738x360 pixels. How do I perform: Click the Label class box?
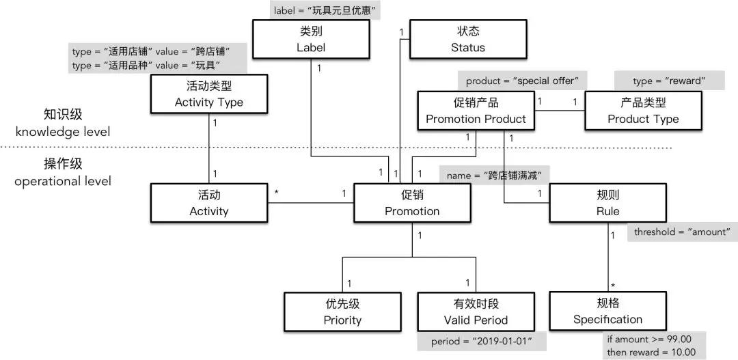coord(311,39)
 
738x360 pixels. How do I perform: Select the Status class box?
coord(467,39)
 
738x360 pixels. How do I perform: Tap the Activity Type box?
coord(208,94)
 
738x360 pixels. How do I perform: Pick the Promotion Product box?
coord(476,111)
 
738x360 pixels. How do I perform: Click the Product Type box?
coord(643,111)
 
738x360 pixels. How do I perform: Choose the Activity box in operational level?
coord(208,203)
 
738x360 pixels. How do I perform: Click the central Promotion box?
coord(412,203)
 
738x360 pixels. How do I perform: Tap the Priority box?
coord(342,311)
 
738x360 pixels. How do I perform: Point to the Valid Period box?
coord(476,311)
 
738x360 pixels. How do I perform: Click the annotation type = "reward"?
coord(669,81)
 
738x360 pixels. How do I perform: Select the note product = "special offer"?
coord(522,81)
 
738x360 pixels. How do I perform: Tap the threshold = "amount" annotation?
coord(681,233)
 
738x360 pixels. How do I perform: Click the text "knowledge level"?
coord(62,132)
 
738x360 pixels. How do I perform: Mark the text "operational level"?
coord(62,181)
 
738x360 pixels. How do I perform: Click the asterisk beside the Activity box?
coord(276,194)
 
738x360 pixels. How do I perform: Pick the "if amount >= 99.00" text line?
coord(650,339)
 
